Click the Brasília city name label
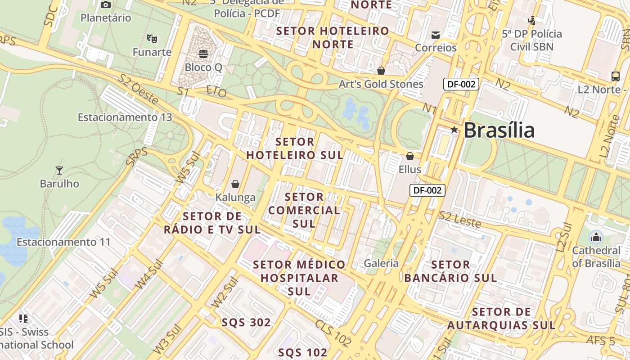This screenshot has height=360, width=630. [x=499, y=130]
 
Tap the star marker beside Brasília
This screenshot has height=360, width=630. [x=454, y=130]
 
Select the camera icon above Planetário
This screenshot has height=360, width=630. [x=106, y=5]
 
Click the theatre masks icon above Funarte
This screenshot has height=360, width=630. [x=152, y=39]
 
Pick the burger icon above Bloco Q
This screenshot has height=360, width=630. [x=203, y=54]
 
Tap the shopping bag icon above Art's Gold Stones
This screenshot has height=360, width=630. [x=381, y=71]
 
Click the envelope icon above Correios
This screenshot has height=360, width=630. [x=435, y=35]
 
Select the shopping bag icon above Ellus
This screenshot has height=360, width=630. [x=410, y=156]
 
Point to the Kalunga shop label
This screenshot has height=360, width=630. [x=235, y=198]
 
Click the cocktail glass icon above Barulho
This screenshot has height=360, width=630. [x=59, y=170]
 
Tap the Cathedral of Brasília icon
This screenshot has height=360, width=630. [x=596, y=237]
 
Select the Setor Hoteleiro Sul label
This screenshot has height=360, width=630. [x=295, y=148]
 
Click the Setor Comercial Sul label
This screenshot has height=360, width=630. [x=304, y=210]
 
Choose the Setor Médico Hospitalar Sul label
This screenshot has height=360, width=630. [x=299, y=278]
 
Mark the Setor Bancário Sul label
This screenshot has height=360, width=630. [x=450, y=271]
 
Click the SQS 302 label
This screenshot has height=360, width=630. [x=246, y=323]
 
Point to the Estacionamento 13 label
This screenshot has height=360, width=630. [x=125, y=117]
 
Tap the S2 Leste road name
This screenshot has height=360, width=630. [x=460, y=219]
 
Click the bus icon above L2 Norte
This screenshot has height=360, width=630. [x=615, y=76]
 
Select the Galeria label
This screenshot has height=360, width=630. [x=381, y=263]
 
